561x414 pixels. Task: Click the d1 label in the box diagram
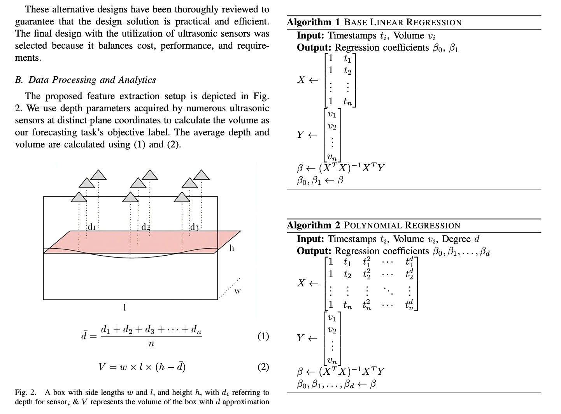click(x=91, y=227)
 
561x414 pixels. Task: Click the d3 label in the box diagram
click(x=194, y=227)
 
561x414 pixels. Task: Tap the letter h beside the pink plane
click(x=231, y=248)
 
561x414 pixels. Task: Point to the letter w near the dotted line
click(x=237, y=291)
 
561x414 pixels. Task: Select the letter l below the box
click(x=124, y=307)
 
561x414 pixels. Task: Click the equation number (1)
click(x=263, y=336)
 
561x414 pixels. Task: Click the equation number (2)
click(x=263, y=367)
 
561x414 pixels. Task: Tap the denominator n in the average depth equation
click(x=151, y=344)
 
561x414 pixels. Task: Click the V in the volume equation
click(x=102, y=367)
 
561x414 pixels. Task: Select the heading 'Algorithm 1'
click(x=314, y=22)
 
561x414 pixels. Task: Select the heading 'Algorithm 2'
click(x=314, y=225)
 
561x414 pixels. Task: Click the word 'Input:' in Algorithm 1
click(x=310, y=35)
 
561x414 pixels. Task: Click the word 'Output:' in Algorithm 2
click(x=314, y=251)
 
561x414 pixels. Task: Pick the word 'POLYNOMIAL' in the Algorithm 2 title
click(x=374, y=225)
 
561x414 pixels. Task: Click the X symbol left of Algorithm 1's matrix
click(x=301, y=80)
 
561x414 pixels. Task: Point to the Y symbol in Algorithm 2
click(x=300, y=338)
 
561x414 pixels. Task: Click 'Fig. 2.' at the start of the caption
click(x=25, y=393)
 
